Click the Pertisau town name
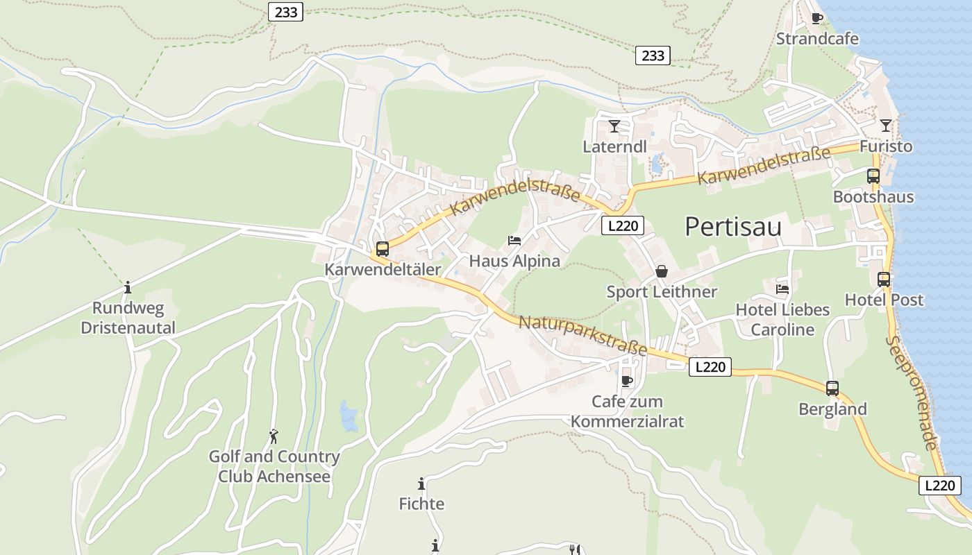coord(733,227)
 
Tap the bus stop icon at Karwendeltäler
coord(382,249)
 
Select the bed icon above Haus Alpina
coord(514,241)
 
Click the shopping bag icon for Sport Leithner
coord(662,271)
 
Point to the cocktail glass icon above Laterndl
coord(614,126)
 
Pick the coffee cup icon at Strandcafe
coord(817,19)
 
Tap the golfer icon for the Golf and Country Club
coord(274,436)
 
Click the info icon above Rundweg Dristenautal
coord(128,287)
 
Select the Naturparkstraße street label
coord(583,334)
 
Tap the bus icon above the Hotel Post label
coord(883,280)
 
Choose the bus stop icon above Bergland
coord(832,388)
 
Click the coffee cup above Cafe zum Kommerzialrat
coord(627,381)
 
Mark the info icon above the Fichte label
coord(421,484)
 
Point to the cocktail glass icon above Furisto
coord(885,126)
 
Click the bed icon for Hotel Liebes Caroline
coord(782,289)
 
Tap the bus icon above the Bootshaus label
coord(873,176)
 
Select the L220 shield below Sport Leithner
coord(710,367)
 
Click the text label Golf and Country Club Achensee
coord(274,466)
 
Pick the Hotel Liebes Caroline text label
coord(782,319)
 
